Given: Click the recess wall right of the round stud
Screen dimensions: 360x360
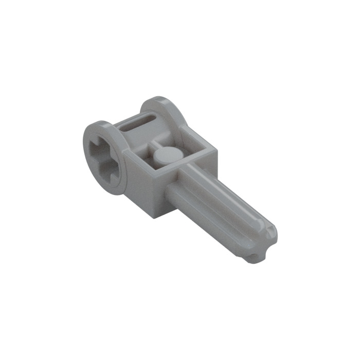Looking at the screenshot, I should pyautogui.click(x=193, y=154).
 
